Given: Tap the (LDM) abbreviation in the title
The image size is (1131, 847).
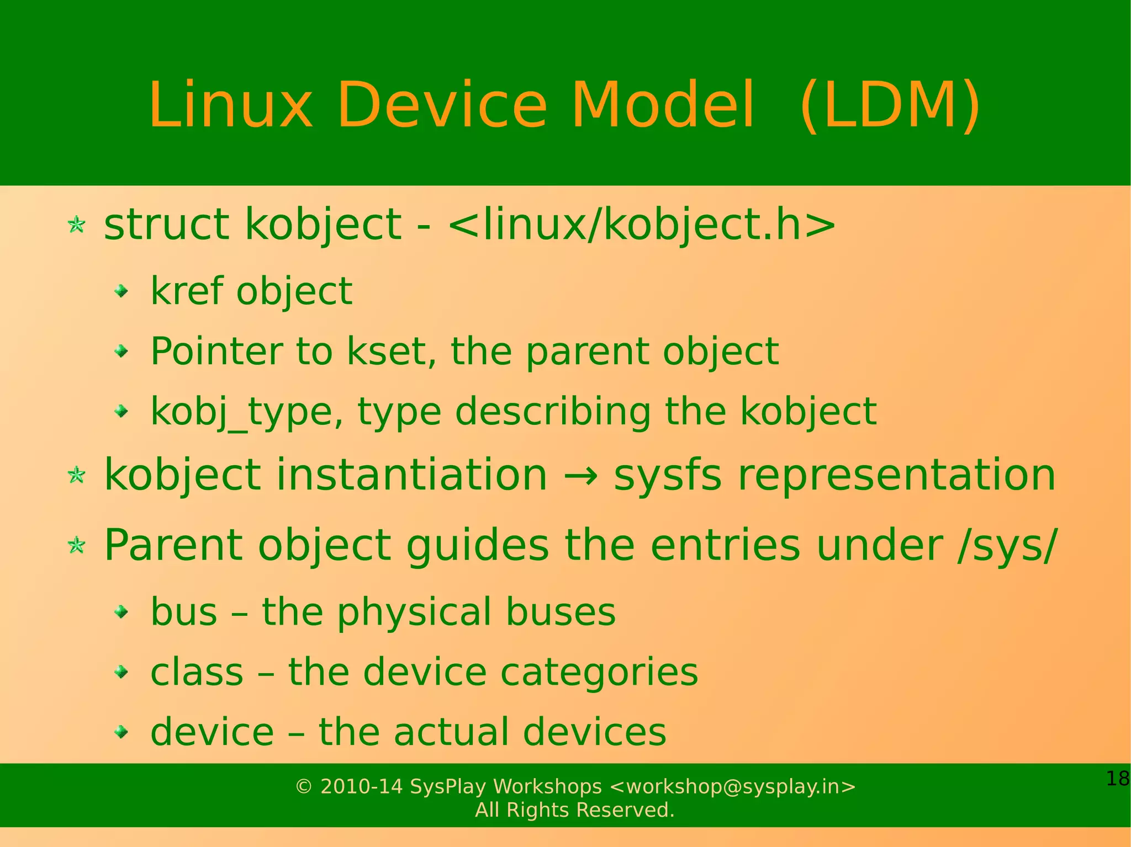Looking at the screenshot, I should click(x=890, y=105).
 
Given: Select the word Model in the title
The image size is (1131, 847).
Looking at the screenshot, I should click(x=662, y=105).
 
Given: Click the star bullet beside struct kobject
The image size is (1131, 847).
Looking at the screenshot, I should click(x=76, y=225).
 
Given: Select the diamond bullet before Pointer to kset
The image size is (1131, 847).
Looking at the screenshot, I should click(x=121, y=351).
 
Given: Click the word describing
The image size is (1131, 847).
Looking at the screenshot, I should click(x=553, y=412).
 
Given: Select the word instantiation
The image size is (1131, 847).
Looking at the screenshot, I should click(x=411, y=475).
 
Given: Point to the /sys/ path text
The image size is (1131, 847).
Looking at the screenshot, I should click(x=1007, y=545).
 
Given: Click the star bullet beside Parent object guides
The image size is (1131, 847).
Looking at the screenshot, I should click(x=76, y=546).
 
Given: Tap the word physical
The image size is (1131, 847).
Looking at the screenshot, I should click(x=415, y=612).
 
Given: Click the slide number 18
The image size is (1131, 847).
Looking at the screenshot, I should click(x=1117, y=779).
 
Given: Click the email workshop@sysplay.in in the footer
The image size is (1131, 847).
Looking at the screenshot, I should click(x=733, y=786).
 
